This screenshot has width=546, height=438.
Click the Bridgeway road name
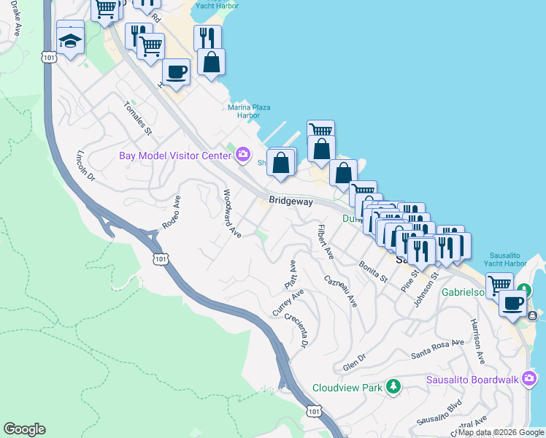290,200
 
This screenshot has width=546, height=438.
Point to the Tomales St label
138,118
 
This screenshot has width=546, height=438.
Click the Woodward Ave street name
231,213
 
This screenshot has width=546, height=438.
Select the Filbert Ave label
324,242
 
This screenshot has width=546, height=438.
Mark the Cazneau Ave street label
341,291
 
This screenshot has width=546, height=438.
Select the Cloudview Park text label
347,388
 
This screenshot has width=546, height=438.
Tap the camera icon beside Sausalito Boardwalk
530,378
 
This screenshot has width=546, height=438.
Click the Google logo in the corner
25,429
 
